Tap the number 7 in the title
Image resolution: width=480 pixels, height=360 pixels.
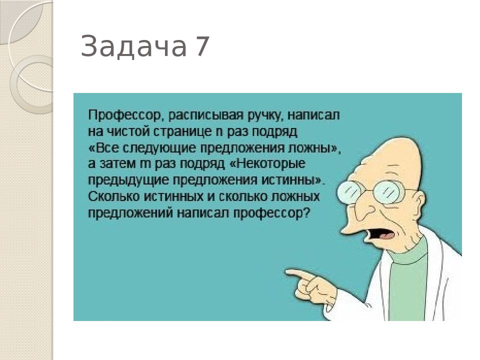tap(202, 47)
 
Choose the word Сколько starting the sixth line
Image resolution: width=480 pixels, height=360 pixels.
tap(111, 196)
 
